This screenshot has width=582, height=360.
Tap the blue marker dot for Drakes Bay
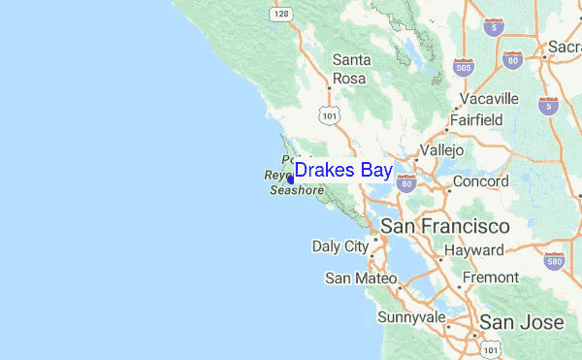pyautogui.click(x=290, y=180)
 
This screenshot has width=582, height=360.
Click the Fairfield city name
pyautogui.click(x=475, y=120)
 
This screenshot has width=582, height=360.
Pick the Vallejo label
pyautogui.click(x=444, y=151)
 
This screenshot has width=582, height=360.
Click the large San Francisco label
pyautogui.click(x=444, y=226)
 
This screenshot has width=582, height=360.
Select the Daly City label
pyautogui.click(x=340, y=246)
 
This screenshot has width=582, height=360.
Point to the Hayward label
pyautogui.click(x=474, y=250)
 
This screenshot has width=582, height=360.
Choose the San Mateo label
pyautogui.click(x=362, y=278)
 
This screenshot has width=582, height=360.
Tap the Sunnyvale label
pyautogui.click(x=411, y=317)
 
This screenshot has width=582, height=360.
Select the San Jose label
pyautogui.click(x=522, y=322)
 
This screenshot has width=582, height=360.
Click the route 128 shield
pyautogui.click(x=281, y=15)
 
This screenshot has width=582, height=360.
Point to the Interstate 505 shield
pyautogui.click(x=463, y=67)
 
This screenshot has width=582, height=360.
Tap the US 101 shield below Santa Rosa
pyautogui.click(x=331, y=115)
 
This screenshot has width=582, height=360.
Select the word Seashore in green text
pyautogui.click(x=296, y=191)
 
